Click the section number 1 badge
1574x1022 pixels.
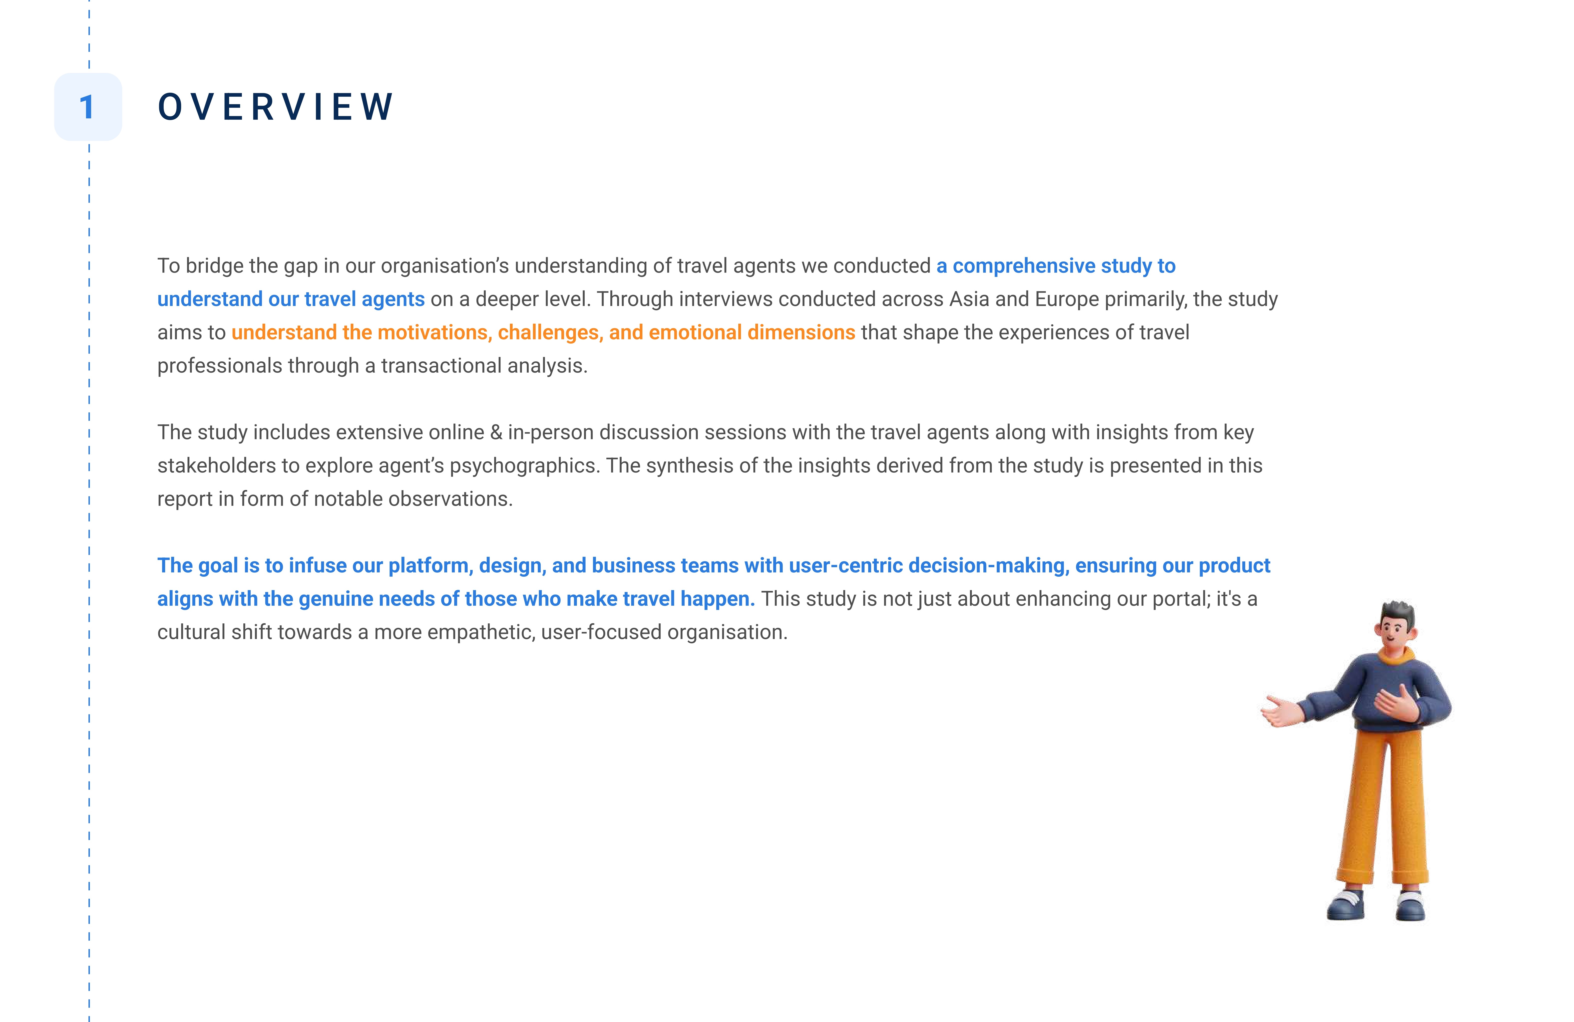tap(88, 107)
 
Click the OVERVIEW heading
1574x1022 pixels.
tap(276, 107)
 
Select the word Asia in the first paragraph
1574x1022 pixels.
tap(969, 299)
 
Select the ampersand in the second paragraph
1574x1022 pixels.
tap(496, 432)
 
